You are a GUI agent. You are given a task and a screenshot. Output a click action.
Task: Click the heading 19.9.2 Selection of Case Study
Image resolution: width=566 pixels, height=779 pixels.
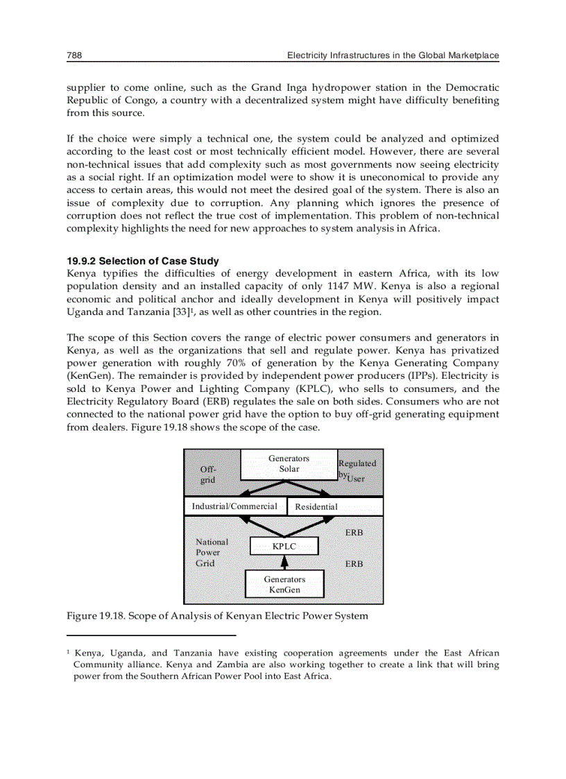[142, 262]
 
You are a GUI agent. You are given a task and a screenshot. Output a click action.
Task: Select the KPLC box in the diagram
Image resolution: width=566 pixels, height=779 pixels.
[284, 547]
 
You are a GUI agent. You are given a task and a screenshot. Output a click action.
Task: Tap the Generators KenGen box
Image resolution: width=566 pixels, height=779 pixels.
[284, 585]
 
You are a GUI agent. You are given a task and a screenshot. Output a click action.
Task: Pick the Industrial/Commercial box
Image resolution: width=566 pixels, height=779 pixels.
[234, 506]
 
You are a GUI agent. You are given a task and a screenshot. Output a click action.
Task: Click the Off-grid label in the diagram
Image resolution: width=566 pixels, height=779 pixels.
[207, 474]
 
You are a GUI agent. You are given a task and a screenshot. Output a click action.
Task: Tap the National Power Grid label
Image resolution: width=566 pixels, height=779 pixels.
[211, 553]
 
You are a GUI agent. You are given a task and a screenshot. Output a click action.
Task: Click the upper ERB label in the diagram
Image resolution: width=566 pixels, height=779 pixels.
[354, 533]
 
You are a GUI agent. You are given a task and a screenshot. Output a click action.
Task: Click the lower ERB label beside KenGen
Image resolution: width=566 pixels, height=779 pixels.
[354, 564]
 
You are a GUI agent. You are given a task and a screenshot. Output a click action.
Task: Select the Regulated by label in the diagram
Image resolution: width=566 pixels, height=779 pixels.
[357, 468]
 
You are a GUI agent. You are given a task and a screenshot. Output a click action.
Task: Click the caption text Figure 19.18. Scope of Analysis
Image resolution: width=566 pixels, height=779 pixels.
[216, 616]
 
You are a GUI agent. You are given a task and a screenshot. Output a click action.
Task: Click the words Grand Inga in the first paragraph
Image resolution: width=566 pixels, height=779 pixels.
[274, 87]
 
